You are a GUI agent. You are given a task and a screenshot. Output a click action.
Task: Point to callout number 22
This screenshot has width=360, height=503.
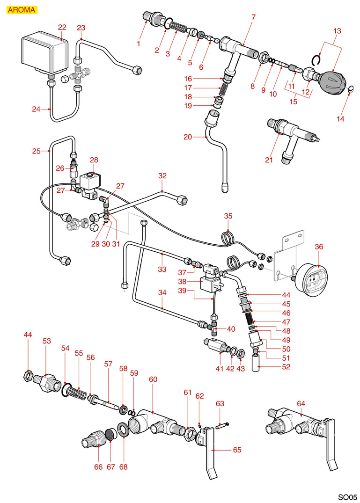(62, 27)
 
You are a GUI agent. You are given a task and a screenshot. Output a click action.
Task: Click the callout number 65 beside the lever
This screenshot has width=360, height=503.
(238, 449)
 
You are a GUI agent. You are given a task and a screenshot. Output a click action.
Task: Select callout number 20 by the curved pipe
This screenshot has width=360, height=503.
(188, 137)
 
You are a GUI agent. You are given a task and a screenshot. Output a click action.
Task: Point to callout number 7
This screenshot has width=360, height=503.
(253, 18)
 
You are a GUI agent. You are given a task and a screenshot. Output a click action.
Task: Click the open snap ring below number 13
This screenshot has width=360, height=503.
(316, 60)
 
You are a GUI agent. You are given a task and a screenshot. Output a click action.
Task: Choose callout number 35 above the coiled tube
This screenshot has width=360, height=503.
(228, 216)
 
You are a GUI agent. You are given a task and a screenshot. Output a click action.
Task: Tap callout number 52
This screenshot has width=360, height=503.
(286, 367)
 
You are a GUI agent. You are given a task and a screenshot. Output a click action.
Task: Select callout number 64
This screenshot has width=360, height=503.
(301, 403)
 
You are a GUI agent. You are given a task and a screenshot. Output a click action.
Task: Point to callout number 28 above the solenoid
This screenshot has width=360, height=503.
(94, 160)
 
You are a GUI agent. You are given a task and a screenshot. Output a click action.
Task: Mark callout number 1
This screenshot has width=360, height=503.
(139, 44)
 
